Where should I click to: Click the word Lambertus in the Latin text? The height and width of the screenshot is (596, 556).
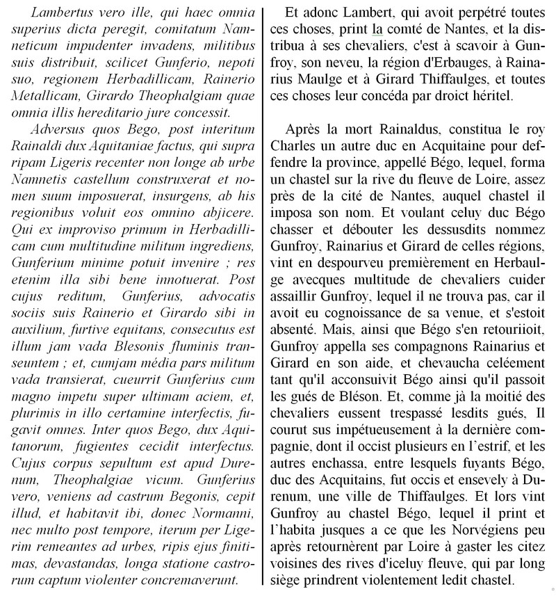click(x=58, y=12)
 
